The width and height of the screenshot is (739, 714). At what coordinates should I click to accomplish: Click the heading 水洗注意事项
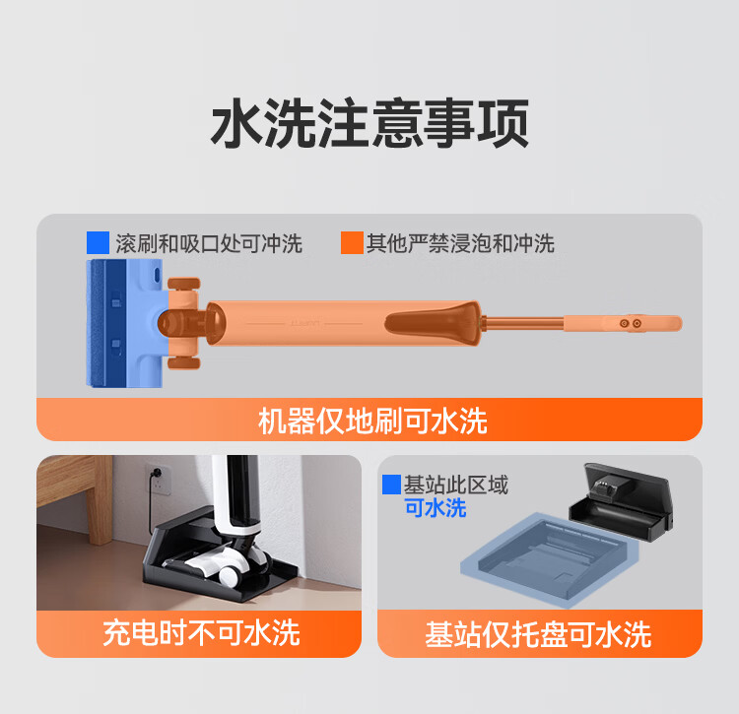369,124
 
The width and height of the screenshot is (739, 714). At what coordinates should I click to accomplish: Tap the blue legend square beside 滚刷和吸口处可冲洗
98,242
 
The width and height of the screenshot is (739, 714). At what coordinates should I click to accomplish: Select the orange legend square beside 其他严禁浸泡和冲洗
352,242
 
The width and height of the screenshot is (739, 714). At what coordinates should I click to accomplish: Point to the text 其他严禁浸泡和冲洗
460,243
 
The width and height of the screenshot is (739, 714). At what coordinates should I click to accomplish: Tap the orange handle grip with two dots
631,322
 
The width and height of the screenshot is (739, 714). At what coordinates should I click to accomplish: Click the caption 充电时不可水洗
200,631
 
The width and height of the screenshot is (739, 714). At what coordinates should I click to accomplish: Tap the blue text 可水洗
436,508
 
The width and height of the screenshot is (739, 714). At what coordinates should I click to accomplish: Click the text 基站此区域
456,485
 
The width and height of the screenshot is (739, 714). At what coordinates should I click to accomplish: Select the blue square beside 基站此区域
391,485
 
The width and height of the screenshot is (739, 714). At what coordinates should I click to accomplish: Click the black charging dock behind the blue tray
621,502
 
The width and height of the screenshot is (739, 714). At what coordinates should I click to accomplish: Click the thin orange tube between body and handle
522,321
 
